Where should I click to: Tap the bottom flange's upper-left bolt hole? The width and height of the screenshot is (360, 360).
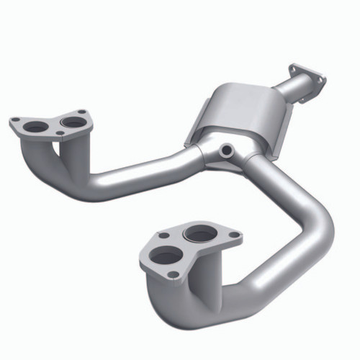165,235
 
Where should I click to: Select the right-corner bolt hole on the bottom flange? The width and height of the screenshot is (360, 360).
232,233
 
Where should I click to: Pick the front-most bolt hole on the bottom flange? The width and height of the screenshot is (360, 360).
173,273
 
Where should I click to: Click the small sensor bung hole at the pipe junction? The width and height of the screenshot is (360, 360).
227,150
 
